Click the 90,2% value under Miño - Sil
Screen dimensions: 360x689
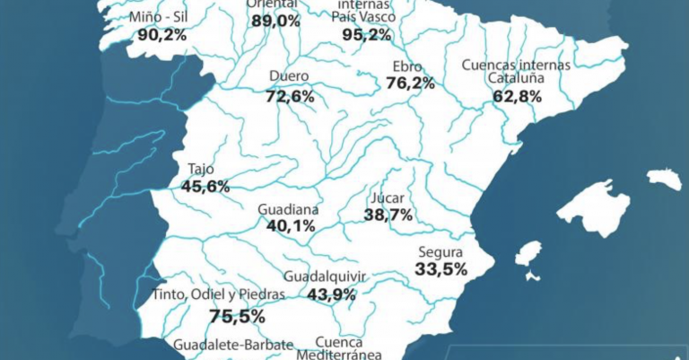(162, 35)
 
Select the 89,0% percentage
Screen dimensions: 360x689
(275, 21)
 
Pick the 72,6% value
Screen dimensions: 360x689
(290, 95)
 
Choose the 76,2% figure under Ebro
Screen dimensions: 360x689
(410, 83)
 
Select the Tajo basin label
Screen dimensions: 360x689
(202, 170)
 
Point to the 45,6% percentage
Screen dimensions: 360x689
(205, 187)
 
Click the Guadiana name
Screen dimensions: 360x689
(288, 209)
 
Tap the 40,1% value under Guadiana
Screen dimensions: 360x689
(290, 226)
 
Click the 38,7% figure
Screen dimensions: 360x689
(388, 215)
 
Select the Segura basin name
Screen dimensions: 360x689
(440, 252)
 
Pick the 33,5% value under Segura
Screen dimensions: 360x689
(440, 269)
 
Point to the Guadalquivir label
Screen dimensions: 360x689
(324, 277)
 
